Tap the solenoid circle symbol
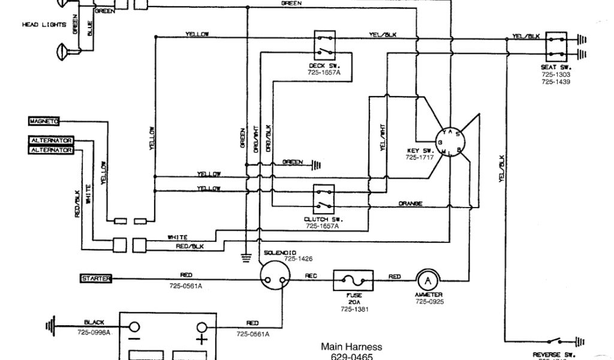click(276, 277)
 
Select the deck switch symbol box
click(324, 44)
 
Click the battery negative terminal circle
click(135, 328)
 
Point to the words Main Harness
click(351, 347)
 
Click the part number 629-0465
click(351, 356)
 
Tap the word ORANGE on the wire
click(410, 204)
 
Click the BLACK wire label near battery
click(95, 322)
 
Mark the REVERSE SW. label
click(550, 355)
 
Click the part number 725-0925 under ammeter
click(428, 301)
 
